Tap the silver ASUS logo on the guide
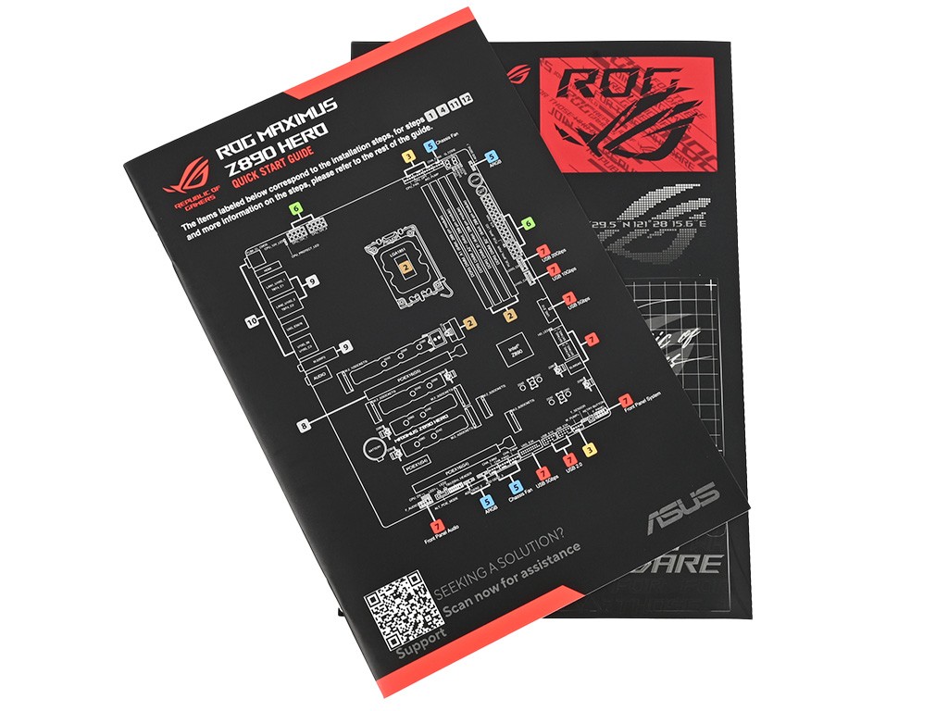click(x=684, y=507)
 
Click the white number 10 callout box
click(x=251, y=322)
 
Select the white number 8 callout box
click(x=303, y=426)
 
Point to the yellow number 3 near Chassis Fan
click(x=408, y=157)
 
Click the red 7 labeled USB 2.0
click(x=570, y=459)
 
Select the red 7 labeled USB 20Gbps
click(x=543, y=252)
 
